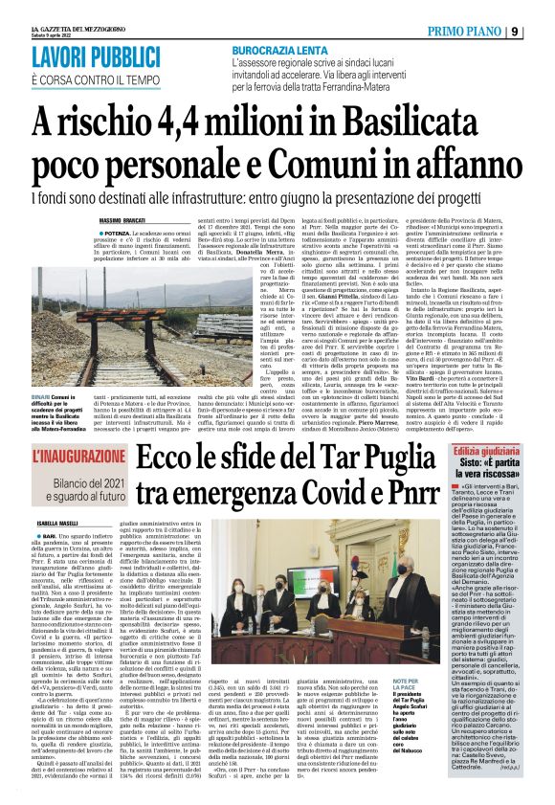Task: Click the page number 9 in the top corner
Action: [x=541, y=30]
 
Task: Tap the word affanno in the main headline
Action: [x=455, y=166]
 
